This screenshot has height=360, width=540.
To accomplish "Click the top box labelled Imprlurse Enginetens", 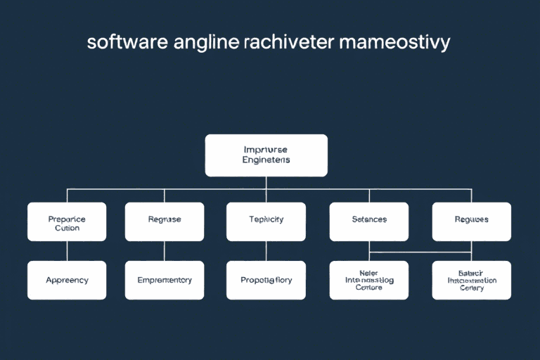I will [266, 155].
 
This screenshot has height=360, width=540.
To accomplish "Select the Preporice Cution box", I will [67, 222].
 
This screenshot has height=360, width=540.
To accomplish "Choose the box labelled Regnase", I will [165, 222].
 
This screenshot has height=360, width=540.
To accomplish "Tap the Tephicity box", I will [266, 222].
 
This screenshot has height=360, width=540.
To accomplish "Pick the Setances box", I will [368, 222].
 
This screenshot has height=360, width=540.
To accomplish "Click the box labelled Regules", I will [471, 222].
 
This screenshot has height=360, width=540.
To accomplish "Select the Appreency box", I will [67, 280].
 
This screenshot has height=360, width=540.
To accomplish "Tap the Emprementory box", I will [165, 280].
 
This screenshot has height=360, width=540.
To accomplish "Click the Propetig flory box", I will [266, 280].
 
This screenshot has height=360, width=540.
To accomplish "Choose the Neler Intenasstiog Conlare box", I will [368, 280].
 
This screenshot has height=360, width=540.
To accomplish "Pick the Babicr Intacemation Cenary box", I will [471, 280].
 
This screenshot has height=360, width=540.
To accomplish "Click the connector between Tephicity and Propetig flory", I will [266, 251].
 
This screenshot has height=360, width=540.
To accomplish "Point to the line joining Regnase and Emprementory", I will [165, 251].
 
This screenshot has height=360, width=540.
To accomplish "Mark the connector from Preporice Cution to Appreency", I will [67, 251].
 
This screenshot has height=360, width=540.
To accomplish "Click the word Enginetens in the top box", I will [266, 160].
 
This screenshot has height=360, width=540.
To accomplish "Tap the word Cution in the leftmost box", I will [67, 228].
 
